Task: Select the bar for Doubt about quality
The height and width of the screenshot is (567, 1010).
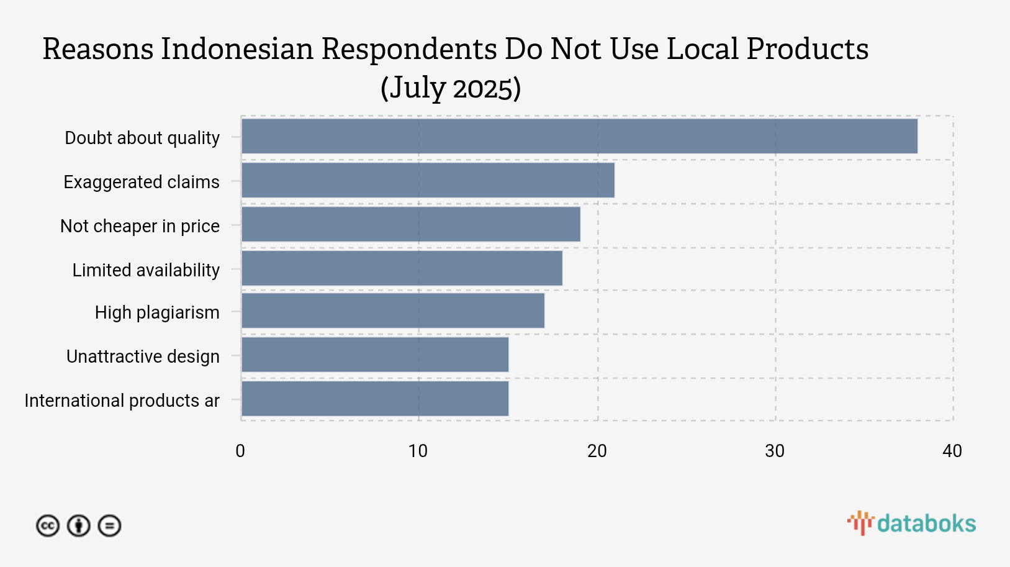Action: [x=579, y=136]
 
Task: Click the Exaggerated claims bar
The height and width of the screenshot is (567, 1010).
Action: [x=428, y=180]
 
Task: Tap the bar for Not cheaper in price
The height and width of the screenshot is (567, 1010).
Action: [x=410, y=224]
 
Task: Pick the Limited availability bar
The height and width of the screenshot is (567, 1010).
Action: [x=402, y=268]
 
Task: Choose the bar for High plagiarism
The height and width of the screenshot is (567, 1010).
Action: [x=392, y=311]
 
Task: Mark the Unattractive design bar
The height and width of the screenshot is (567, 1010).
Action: [x=374, y=355]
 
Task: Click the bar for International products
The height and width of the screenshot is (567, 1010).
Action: [x=374, y=399]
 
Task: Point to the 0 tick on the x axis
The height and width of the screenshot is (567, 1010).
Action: [x=240, y=451]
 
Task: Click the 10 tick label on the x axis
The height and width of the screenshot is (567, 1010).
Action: [x=418, y=451]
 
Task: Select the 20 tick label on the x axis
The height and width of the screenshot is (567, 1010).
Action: [x=597, y=451]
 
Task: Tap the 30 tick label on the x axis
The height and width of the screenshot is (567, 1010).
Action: [x=774, y=451]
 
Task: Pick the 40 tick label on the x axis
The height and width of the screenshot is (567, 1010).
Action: [x=952, y=451]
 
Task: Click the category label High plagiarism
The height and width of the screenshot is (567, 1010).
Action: [x=157, y=312]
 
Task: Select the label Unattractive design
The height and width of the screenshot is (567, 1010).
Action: [x=143, y=356]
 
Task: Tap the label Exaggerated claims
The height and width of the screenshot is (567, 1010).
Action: [x=142, y=182]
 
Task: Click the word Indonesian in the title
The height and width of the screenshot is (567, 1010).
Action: [x=237, y=49]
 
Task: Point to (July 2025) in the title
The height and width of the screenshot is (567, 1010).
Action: [x=451, y=88]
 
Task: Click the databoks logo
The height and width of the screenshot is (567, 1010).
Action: [x=911, y=524]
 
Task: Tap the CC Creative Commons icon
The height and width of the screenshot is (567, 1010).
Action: [x=48, y=526]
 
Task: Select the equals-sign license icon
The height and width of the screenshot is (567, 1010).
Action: [x=110, y=526]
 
